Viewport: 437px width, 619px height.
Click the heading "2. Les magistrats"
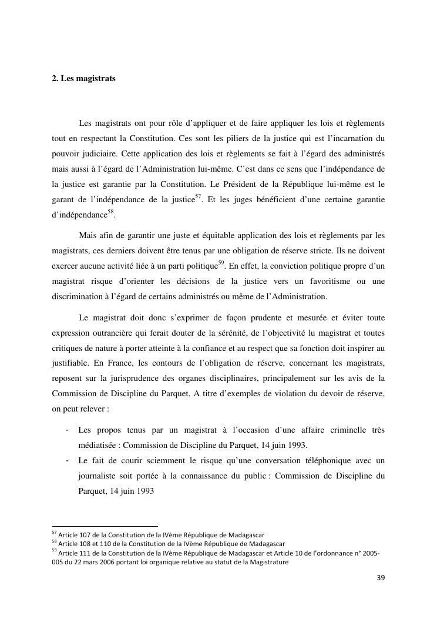pos(83,79)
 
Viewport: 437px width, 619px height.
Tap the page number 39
pos(381,578)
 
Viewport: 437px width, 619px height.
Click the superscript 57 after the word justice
pos(198,196)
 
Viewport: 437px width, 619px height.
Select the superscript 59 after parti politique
pos(221,262)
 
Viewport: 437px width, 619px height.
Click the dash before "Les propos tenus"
pos(69,430)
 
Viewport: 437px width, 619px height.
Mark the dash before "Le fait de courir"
pos(69,461)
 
